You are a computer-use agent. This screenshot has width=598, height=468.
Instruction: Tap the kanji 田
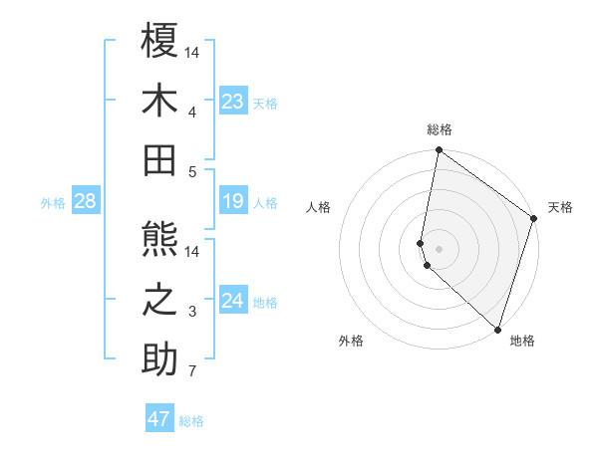coord(159,160)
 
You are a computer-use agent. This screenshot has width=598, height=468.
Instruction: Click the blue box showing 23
coord(233,101)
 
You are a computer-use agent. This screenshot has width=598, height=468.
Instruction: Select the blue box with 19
coord(233,202)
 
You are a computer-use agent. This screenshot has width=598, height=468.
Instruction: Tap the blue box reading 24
coord(233,301)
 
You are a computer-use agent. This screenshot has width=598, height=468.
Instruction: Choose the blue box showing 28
coord(85,202)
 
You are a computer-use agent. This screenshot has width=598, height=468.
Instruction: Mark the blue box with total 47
coord(159,419)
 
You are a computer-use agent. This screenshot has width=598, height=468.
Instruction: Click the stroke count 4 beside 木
coord(192,113)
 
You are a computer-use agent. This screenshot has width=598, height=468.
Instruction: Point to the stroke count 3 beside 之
coord(192,313)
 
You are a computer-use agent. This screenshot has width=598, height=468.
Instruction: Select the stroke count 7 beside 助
coord(192,372)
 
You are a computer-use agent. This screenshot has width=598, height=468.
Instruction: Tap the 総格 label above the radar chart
coord(440,129)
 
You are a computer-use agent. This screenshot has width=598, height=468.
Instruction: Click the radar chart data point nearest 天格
coord(534,220)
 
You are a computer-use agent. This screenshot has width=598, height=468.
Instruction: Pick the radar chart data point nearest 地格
coord(497,330)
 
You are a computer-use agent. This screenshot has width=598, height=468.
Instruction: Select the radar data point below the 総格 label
coord(439,151)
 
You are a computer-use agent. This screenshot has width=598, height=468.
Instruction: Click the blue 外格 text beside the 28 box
coord(53,203)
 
